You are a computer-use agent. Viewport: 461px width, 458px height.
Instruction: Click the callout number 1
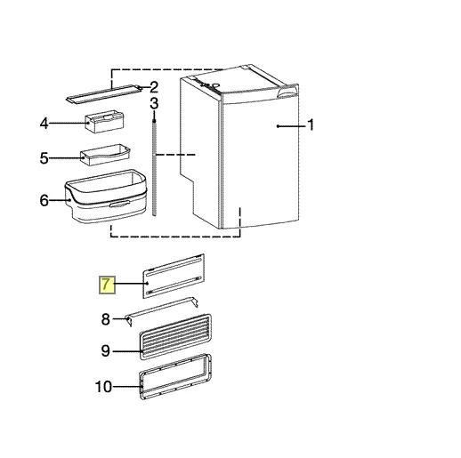coord(311,125)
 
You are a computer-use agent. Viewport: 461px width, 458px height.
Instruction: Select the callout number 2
coord(154,87)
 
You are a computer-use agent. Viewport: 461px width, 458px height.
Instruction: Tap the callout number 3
coord(154,104)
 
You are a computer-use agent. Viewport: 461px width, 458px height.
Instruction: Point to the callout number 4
coord(44,123)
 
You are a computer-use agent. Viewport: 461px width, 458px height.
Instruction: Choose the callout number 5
coord(44,158)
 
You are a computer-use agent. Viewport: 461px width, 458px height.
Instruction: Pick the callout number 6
coord(44,201)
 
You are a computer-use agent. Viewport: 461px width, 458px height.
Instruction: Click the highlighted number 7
coord(107,285)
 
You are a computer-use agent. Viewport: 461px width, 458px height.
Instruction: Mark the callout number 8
coord(106,319)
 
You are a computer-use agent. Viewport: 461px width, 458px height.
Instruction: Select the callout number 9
coord(106,351)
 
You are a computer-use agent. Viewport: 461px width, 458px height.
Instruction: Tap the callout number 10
coord(103,387)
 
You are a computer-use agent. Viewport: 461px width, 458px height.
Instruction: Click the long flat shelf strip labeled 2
coord(103,93)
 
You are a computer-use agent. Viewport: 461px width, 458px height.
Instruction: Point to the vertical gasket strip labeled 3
coord(154,167)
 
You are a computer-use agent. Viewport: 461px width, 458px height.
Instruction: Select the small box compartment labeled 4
coord(104,122)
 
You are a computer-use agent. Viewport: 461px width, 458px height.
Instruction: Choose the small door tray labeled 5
coord(105,155)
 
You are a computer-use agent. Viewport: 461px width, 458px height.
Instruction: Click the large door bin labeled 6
coord(106,197)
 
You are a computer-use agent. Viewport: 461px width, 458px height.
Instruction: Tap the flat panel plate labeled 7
coord(174,276)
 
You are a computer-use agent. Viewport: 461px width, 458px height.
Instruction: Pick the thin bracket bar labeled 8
coord(162,311)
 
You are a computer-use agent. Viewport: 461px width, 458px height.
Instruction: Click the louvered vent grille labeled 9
coord(175,336)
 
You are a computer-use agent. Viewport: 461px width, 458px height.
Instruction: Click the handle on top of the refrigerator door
coord(287,91)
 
